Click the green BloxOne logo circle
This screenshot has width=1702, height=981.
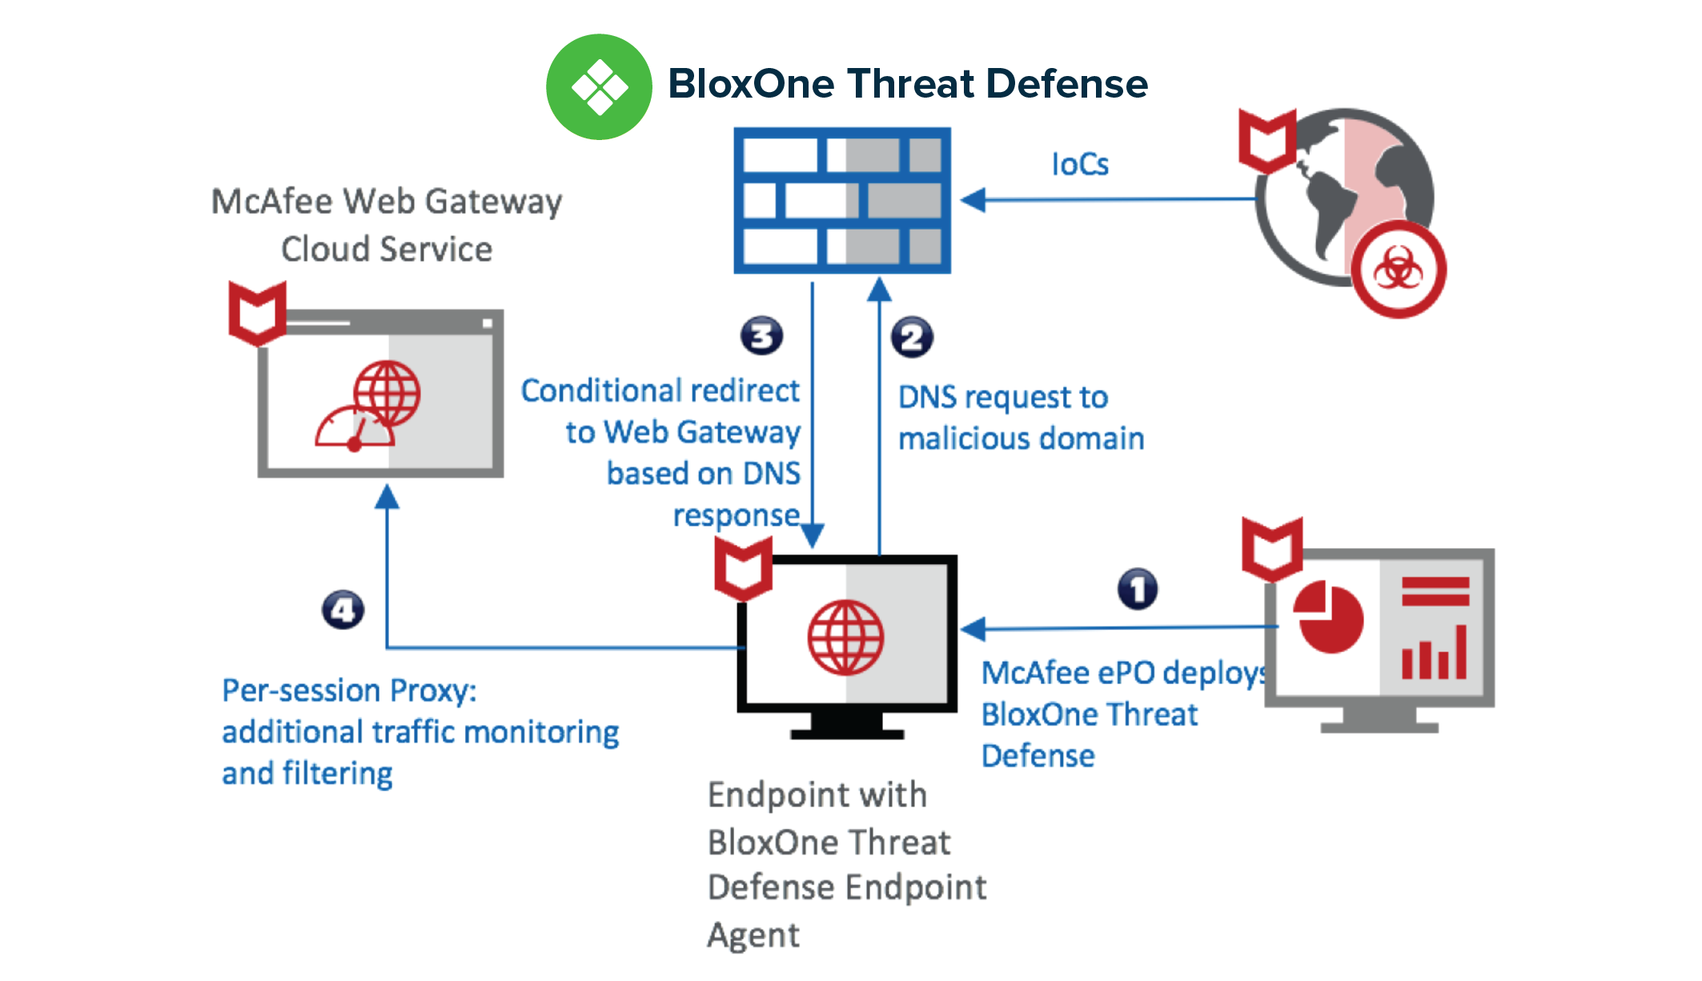[599, 86]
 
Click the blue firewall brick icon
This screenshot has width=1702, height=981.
[842, 200]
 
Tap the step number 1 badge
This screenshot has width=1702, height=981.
[1138, 589]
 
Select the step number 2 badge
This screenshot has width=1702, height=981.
[912, 337]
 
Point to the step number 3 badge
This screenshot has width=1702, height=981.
[761, 336]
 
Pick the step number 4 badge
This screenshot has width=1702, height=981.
[343, 610]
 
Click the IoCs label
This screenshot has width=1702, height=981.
[1080, 164]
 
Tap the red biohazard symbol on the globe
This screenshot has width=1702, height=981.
[1398, 270]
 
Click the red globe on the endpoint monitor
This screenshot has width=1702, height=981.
[845, 638]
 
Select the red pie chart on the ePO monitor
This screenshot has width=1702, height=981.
[1329, 617]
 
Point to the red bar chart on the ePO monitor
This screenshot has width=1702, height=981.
[1434, 652]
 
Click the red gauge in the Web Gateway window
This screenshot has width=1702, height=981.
[354, 428]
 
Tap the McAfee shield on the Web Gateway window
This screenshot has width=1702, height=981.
[258, 313]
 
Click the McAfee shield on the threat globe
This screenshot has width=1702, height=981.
[1267, 141]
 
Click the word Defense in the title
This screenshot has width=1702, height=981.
[1067, 83]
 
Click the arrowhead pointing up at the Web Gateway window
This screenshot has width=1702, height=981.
[387, 496]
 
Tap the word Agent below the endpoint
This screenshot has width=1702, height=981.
[753, 935]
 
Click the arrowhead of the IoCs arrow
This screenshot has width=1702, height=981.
[973, 199]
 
